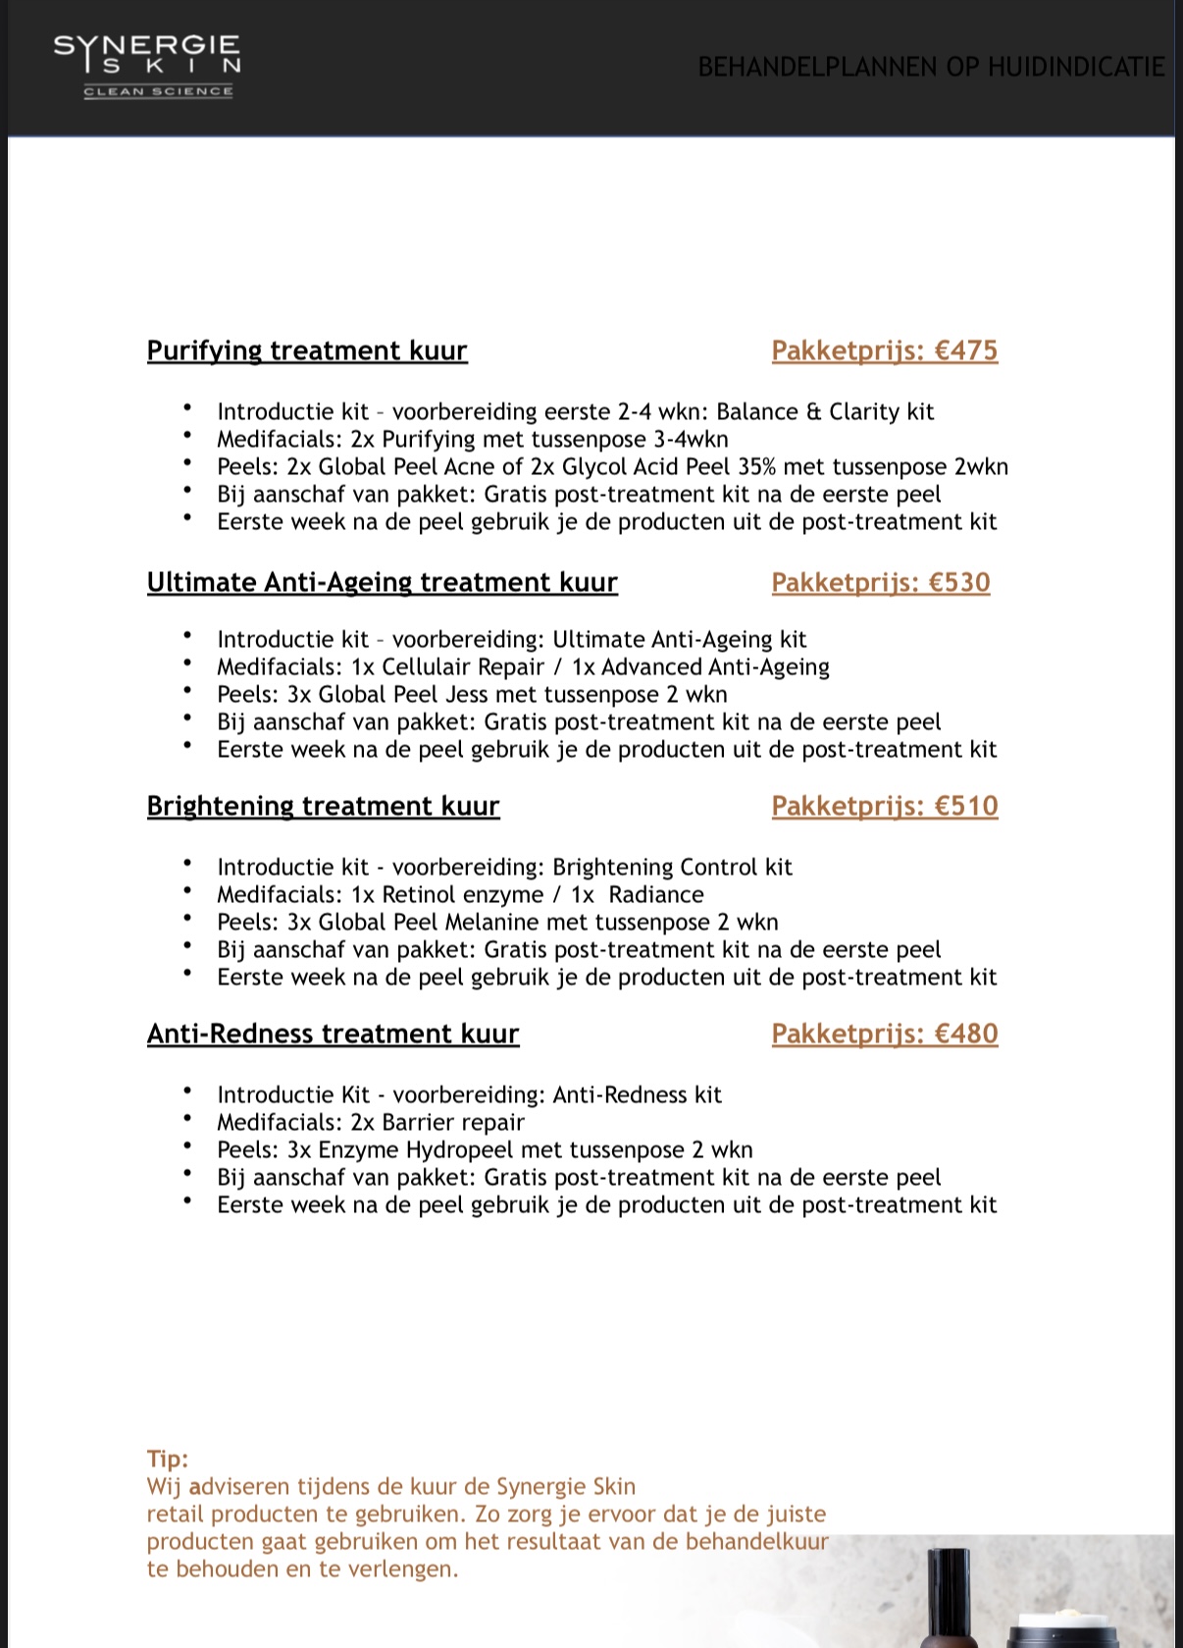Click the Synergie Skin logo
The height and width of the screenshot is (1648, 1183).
click(147, 65)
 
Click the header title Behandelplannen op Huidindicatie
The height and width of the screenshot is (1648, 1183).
click(931, 67)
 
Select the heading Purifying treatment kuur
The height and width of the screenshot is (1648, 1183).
click(307, 350)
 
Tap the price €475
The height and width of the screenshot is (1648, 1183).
click(965, 350)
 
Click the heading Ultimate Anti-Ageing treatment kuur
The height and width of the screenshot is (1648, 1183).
click(382, 582)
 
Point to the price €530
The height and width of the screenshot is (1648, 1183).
click(959, 582)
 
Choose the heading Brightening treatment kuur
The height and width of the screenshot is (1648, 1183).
click(323, 806)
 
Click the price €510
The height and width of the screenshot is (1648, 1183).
click(965, 806)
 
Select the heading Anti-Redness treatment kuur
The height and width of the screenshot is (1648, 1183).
click(333, 1034)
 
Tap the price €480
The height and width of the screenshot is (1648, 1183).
click(965, 1034)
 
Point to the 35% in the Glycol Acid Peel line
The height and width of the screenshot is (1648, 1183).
click(756, 466)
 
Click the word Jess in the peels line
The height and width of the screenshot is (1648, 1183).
click(466, 694)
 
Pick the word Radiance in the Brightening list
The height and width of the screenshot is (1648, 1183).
click(656, 894)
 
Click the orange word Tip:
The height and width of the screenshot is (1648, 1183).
click(168, 1459)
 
